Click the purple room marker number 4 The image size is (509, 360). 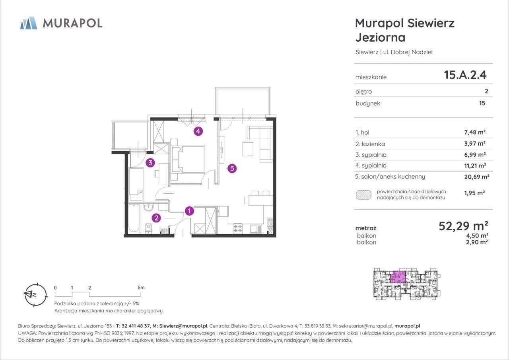[x=198, y=131]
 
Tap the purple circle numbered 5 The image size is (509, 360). [x=232, y=168]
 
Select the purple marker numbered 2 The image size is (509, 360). [x=156, y=218]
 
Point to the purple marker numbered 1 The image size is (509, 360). [x=189, y=211]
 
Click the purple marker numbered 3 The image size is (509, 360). [x=150, y=163]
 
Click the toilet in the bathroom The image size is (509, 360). [x=148, y=228]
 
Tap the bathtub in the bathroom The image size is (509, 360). [x=134, y=218]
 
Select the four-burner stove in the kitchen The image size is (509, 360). [x=238, y=228]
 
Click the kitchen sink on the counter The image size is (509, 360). [x=256, y=229]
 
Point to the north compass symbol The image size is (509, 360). [x=35, y=295]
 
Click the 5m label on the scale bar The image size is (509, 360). [x=141, y=288]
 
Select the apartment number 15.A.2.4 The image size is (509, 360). [x=465, y=75]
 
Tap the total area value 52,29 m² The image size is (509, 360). [x=463, y=226]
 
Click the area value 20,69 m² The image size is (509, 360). [x=476, y=177]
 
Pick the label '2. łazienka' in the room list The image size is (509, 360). [x=370, y=144]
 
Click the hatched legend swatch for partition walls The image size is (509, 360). [x=363, y=195]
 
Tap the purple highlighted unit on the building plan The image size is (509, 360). [x=398, y=277]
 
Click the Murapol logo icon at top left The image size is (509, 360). [x=29, y=23]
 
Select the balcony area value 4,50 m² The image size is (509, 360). [x=477, y=235]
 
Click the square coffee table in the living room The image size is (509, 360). [x=248, y=149]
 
